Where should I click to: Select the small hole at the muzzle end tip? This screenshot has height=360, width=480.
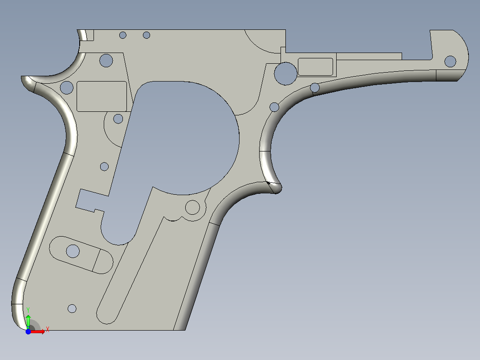451,61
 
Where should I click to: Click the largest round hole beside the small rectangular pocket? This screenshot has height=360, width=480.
285,73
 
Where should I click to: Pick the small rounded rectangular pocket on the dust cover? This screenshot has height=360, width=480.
315,66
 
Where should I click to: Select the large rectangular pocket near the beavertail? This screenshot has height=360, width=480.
102,96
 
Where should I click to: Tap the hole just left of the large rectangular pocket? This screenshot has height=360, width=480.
66,87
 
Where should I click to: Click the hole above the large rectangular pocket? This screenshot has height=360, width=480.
106,60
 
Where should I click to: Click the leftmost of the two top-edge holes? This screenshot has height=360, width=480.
123,35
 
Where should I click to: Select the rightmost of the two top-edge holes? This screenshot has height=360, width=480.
146,35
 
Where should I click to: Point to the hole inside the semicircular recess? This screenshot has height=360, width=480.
118,119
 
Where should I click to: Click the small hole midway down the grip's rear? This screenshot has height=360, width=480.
104,167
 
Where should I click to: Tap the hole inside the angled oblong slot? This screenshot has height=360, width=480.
73,251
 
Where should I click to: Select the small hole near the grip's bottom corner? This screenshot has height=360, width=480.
72,308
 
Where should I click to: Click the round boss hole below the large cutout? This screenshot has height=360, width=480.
192,207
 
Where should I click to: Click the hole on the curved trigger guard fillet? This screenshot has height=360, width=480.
315,88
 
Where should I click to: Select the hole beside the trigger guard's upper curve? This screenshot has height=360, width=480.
274,107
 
